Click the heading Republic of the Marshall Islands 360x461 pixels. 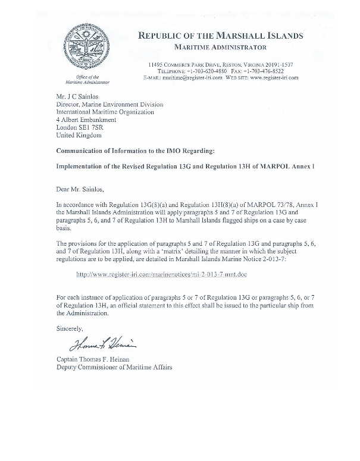pos(220,35)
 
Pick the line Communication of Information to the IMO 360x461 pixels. pos(137,150)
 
